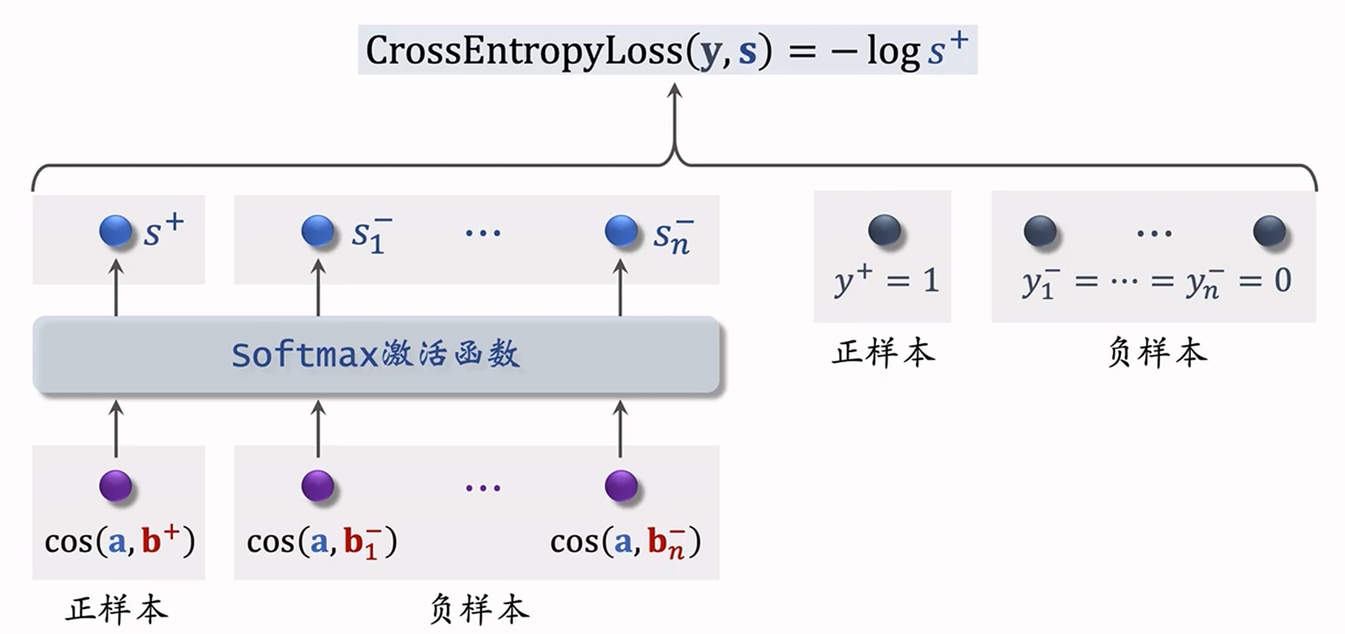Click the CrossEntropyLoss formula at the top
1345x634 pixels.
[667, 50]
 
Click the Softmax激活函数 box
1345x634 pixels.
[376, 355]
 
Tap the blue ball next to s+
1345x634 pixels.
[116, 230]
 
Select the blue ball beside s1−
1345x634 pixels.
[318, 230]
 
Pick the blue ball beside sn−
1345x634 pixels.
[621, 230]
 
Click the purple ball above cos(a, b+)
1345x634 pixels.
[116, 486]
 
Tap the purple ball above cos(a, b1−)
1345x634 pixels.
[318, 486]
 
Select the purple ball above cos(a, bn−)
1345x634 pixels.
[621, 486]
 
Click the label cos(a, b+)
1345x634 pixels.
[119, 542]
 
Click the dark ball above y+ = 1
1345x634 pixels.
[885, 230]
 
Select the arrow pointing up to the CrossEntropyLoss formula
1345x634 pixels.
[674, 118]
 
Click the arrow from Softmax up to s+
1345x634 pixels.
[116, 289]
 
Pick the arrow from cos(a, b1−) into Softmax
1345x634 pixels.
[318, 429]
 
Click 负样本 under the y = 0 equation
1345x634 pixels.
[1157, 353]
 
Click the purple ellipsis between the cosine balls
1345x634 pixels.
[483, 487]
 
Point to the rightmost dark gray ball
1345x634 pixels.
[1269, 230]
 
